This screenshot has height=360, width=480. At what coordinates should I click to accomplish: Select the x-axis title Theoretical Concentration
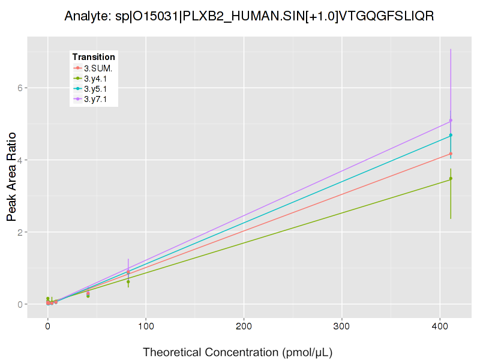pos(238,352)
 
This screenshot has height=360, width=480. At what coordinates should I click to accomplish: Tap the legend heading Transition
pos(94,57)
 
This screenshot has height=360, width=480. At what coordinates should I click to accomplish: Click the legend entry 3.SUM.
pos(98,68)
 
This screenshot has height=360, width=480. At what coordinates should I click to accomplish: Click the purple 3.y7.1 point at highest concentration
pos(451,120)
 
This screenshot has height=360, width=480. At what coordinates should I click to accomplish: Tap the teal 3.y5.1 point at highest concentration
pos(451,135)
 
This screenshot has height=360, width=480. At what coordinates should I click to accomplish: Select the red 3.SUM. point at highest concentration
pos(451,154)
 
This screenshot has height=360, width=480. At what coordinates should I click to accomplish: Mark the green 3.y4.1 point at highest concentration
pos(451,178)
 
